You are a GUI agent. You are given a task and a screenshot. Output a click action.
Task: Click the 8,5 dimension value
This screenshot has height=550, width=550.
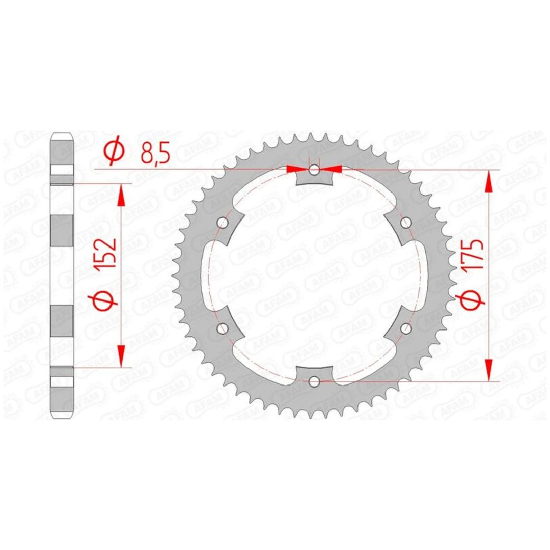tap(155, 155)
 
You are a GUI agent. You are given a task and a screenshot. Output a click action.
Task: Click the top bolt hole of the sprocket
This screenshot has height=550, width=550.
tap(314, 171)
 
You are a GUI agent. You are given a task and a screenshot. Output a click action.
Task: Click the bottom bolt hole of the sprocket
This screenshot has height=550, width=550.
tap(314, 380)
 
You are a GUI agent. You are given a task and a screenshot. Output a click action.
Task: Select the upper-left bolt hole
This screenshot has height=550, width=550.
tap(223, 222)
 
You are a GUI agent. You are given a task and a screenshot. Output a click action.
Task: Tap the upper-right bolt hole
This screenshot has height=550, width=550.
tap(406, 222)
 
